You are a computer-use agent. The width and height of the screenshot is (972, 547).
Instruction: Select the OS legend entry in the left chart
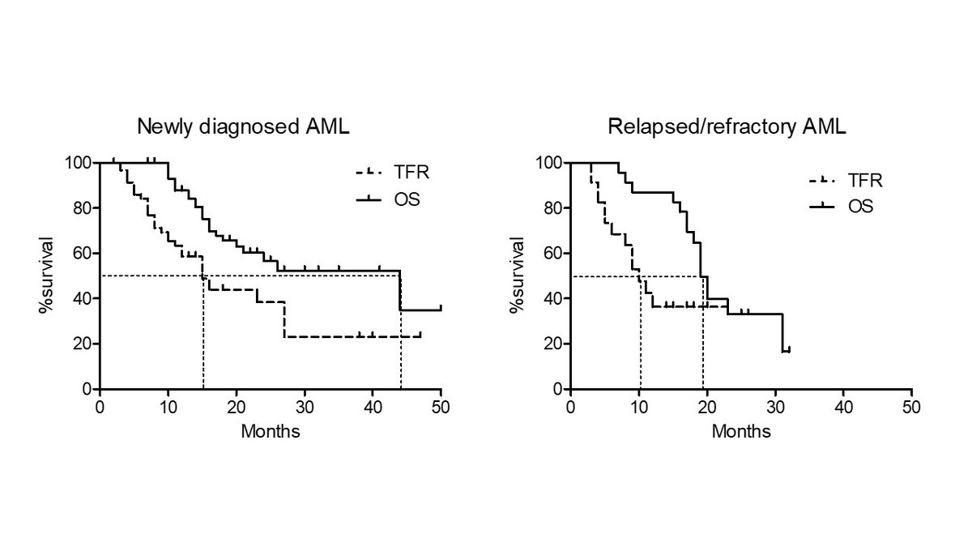pyautogui.click(x=387, y=199)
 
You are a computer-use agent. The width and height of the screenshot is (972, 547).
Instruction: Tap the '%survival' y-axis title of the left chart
pyautogui.click(x=50, y=276)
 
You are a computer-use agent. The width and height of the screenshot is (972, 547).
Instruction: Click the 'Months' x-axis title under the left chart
pyautogui.click(x=271, y=431)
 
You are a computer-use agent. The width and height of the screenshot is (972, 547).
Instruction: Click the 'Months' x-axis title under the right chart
pyautogui.click(x=741, y=431)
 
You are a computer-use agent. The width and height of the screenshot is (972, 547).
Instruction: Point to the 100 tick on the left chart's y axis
pyautogui.click(x=81, y=162)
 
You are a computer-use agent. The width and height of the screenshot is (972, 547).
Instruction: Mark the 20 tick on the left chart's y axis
pyautogui.click(x=84, y=344)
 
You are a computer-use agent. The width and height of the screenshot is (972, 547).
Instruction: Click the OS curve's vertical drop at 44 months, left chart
pyautogui.click(x=400, y=290)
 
